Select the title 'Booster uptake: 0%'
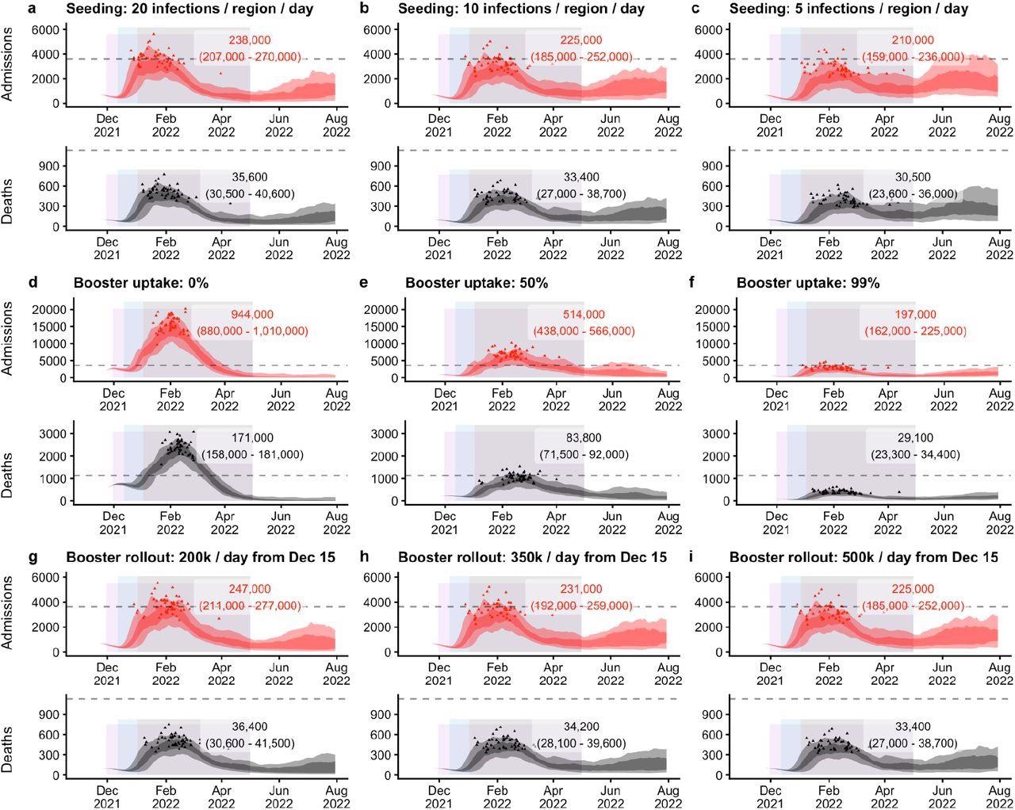(x=141, y=283)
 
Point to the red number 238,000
(x=250, y=40)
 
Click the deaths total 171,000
(x=252, y=437)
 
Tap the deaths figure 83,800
(x=583, y=437)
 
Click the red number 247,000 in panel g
(x=250, y=589)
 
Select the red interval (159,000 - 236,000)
(x=914, y=57)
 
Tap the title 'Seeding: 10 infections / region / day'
(x=522, y=10)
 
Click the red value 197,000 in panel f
(x=914, y=315)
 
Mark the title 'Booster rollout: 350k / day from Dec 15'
(x=532, y=558)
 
